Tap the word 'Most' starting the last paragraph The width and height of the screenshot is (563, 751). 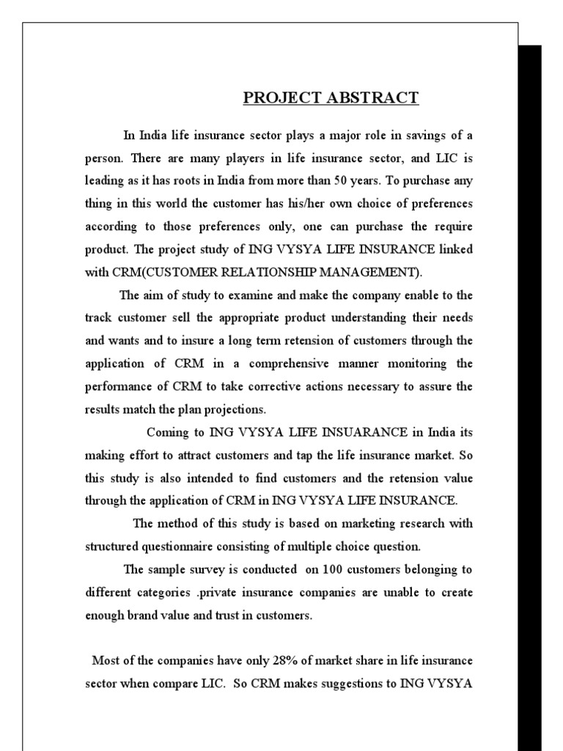point(105,661)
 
